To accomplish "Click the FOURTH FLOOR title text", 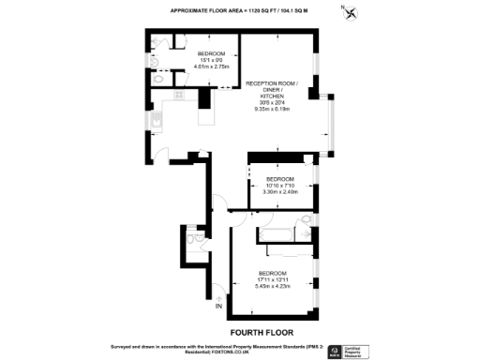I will tap(256, 332).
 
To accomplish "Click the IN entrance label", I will tap(219, 306).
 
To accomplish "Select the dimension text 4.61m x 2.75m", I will tap(211, 67).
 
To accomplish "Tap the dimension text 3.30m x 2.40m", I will tap(280, 192).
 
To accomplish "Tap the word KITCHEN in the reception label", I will tap(271, 97).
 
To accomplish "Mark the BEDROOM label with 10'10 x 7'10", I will tap(280, 178).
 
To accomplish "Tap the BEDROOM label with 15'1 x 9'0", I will tap(211, 53).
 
